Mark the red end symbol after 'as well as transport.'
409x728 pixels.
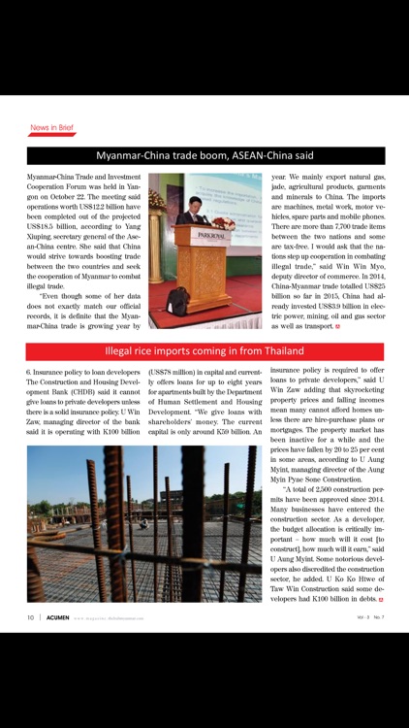click(337, 326)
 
